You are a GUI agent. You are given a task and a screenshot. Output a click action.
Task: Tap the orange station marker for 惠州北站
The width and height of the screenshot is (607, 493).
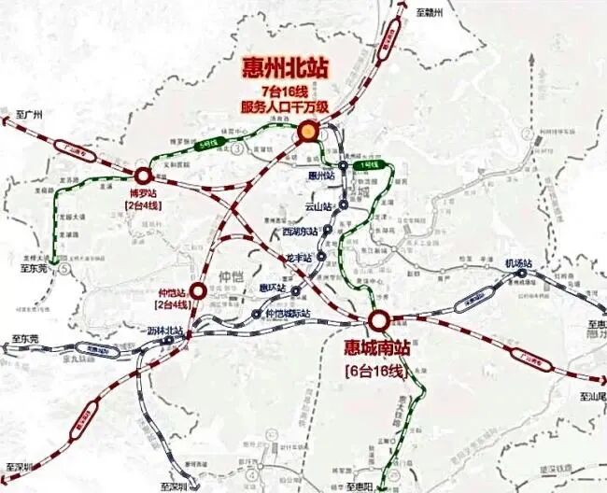pos(306,134)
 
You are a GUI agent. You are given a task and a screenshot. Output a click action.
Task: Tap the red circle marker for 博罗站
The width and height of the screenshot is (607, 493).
pos(143,175)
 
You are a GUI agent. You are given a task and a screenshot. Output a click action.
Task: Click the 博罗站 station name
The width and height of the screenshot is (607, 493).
pos(143,192)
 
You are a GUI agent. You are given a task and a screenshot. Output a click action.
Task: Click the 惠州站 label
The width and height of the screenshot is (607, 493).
pos(320,175)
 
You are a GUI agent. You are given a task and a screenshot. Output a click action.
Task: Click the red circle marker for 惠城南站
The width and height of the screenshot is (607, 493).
pos(378,321)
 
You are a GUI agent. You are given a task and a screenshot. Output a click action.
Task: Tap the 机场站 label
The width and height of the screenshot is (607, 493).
pos(517,263)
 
